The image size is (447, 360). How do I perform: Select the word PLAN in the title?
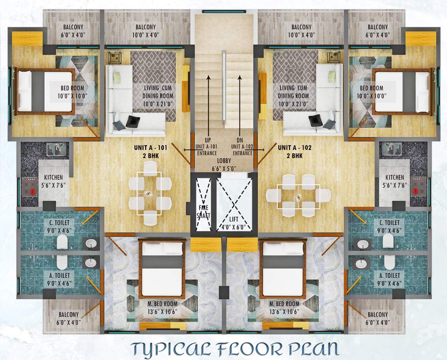coord(313,349)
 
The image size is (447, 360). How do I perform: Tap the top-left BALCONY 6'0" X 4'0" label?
coord(72,30)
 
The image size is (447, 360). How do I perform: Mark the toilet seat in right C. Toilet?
coord(387,241)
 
